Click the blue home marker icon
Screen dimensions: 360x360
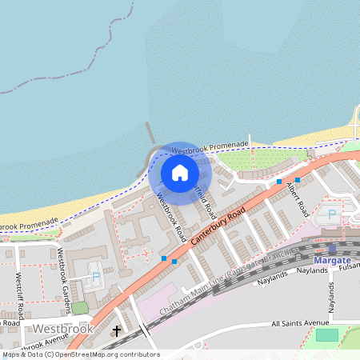(179, 172)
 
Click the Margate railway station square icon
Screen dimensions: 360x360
(332, 249)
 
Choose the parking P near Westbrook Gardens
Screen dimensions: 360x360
(96, 277)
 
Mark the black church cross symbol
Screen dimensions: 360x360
(117, 330)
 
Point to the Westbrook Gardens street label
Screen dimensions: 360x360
(66, 272)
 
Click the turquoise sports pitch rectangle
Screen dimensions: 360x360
(326, 334)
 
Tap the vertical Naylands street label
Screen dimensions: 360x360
(331, 298)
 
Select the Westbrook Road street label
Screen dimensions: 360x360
(171, 218)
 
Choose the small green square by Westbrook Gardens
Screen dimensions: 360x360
(80, 307)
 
